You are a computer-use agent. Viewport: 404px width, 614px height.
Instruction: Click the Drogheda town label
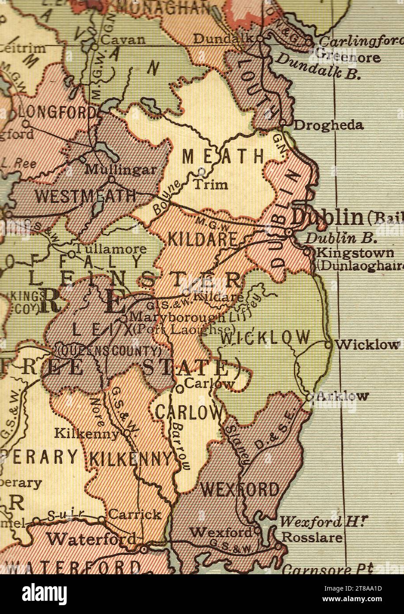pyautogui.click(x=328, y=125)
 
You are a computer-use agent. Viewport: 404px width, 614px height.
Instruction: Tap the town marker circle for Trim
pyautogui.click(x=201, y=170)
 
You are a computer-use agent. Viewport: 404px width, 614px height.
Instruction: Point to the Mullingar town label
pyautogui.click(x=121, y=169)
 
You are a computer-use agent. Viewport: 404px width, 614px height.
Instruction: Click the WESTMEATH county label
pyautogui.click(x=86, y=195)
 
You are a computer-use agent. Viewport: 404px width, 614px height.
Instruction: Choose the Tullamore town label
pyautogui.click(x=110, y=249)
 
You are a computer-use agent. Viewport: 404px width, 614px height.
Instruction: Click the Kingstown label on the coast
pyautogui.click(x=349, y=253)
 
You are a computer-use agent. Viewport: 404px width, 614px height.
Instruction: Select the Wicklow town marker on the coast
pyautogui.click(x=328, y=344)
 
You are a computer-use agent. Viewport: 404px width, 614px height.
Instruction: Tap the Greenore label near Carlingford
pyautogui.click(x=348, y=57)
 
